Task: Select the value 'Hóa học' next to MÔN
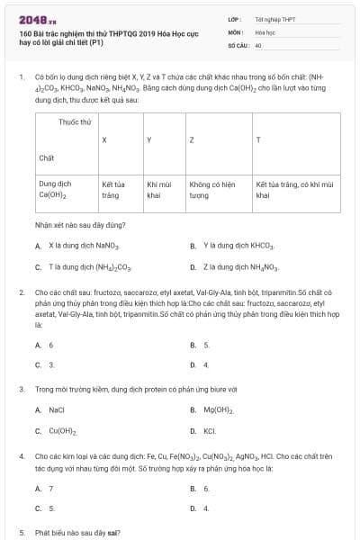(265, 31)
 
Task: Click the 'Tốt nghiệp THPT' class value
(273, 18)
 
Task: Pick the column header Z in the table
(192, 140)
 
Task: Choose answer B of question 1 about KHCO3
(238, 245)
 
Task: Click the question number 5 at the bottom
(21, 532)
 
